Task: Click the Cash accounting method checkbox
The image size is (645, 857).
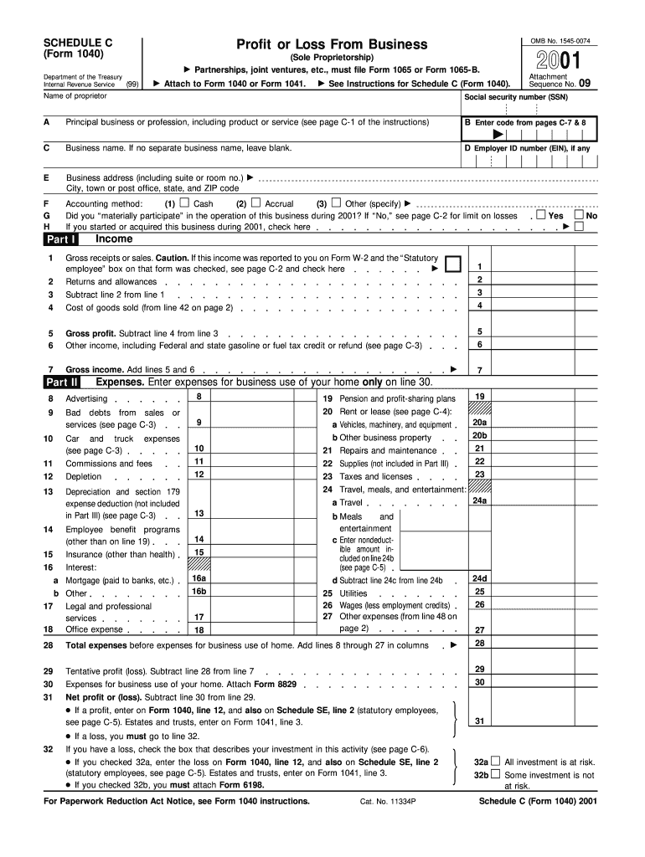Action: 186,203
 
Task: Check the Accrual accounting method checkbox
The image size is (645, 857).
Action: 256,203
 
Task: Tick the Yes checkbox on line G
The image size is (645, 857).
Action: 540,215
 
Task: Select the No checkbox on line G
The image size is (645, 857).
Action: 578,215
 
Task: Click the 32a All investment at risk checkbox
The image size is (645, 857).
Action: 495,762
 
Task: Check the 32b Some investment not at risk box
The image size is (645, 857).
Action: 495,775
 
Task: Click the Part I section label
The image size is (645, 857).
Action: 60,239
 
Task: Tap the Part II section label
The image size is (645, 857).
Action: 61,382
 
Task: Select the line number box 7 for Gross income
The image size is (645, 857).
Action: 479,370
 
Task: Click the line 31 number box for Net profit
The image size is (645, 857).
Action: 479,721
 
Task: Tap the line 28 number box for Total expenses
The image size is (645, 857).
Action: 479,644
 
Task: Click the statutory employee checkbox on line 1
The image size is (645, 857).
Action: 453,264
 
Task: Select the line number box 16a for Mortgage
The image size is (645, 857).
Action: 199,578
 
